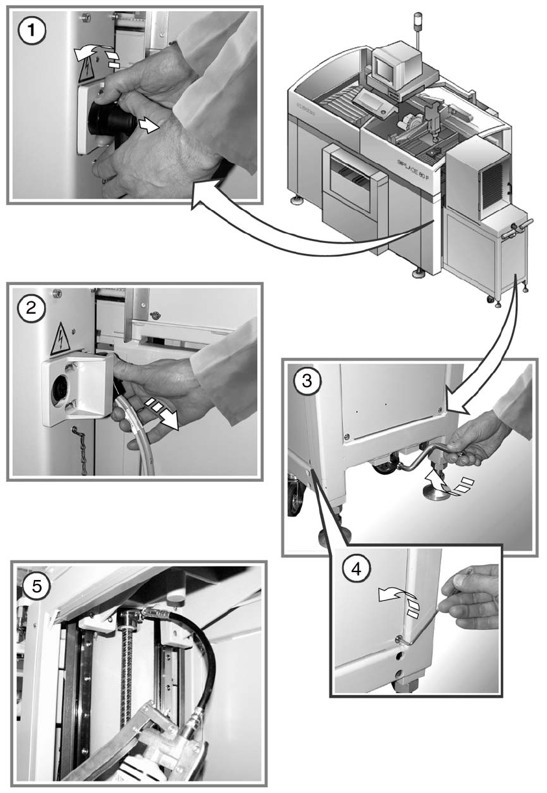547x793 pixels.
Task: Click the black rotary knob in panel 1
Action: [x=111, y=121]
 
